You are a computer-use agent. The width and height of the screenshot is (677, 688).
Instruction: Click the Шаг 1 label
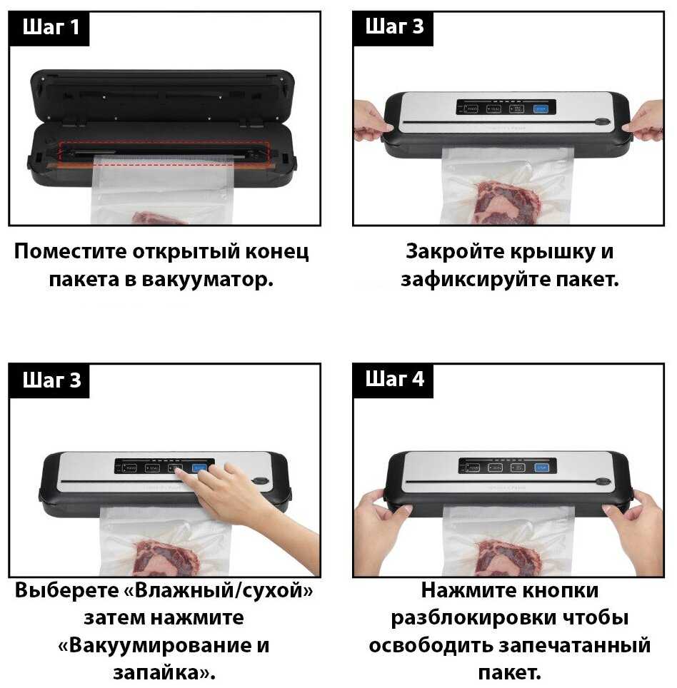(x=51, y=27)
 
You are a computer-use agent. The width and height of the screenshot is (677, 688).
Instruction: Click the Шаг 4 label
(x=395, y=379)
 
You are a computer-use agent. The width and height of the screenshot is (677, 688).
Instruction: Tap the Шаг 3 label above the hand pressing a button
(x=51, y=380)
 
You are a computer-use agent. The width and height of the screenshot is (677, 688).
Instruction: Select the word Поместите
(x=70, y=252)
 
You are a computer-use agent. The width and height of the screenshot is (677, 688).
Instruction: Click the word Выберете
(x=66, y=590)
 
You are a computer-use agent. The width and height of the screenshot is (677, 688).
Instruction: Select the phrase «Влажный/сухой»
(x=219, y=591)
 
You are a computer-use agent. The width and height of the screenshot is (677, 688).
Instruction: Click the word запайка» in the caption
(x=164, y=672)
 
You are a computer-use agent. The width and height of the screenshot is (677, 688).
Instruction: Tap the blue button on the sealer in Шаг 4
(x=541, y=467)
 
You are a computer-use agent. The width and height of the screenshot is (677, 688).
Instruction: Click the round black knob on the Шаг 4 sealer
(x=603, y=482)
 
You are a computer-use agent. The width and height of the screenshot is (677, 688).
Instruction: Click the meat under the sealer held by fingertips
(x=508, y=201)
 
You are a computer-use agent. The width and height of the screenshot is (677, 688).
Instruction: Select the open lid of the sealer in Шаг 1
(x=162, y=95)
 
